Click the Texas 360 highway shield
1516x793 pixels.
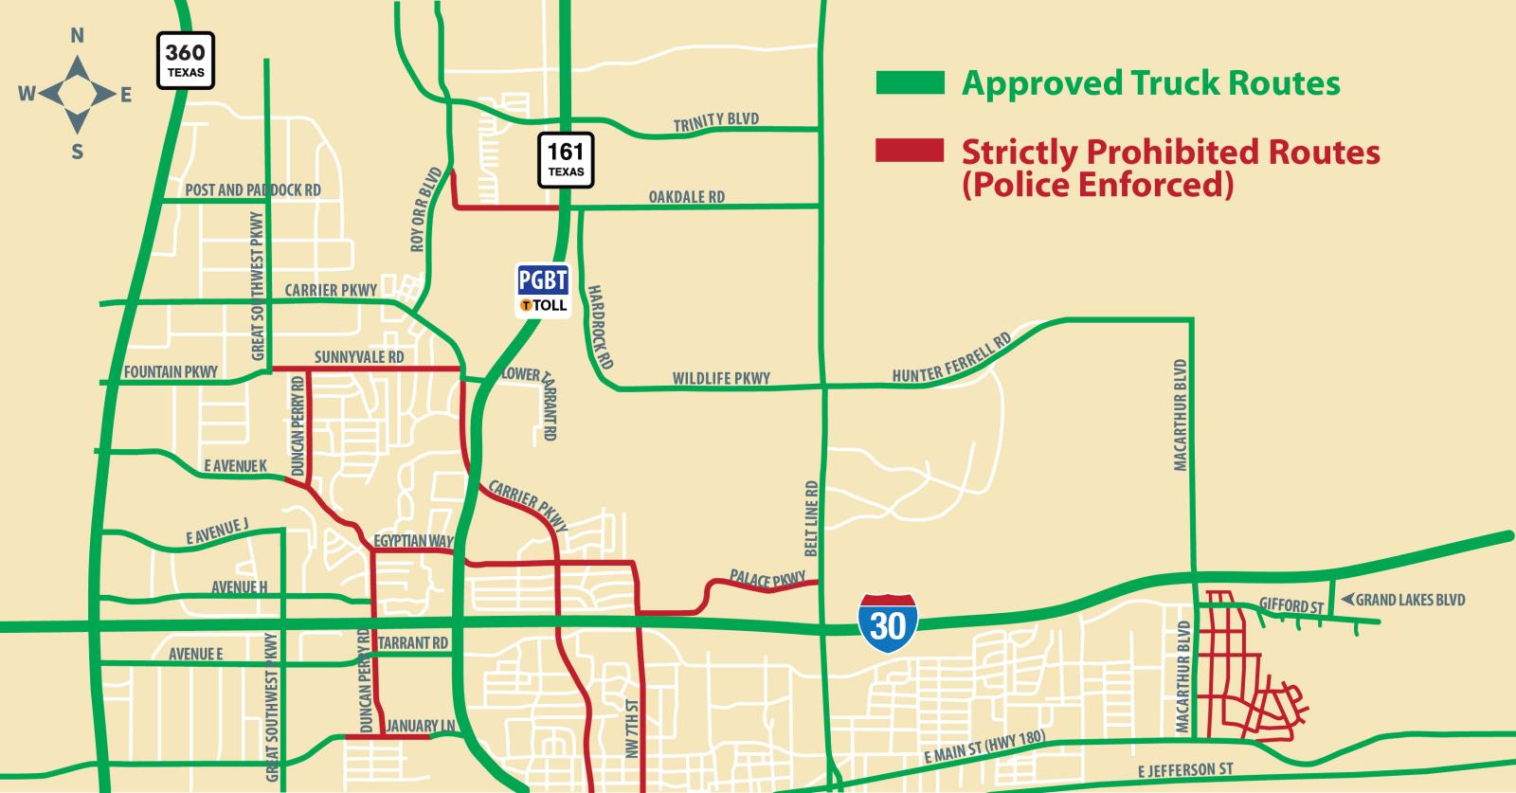click(186, 61)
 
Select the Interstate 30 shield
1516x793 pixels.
click(889, 622)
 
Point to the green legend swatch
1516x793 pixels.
click(910, 83)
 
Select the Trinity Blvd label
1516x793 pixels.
click(715, 121)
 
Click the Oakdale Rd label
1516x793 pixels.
click(686, 197)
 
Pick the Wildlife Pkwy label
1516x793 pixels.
click(721, 378)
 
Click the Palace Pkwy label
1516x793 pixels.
click(767, 578)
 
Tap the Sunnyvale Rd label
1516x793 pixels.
click(359, 357)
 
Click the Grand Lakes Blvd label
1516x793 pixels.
click(1410, 600)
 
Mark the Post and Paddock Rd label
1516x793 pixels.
click(253, 189)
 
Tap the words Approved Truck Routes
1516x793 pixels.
click(1150, 83)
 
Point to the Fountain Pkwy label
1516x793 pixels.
click(171, 371)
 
